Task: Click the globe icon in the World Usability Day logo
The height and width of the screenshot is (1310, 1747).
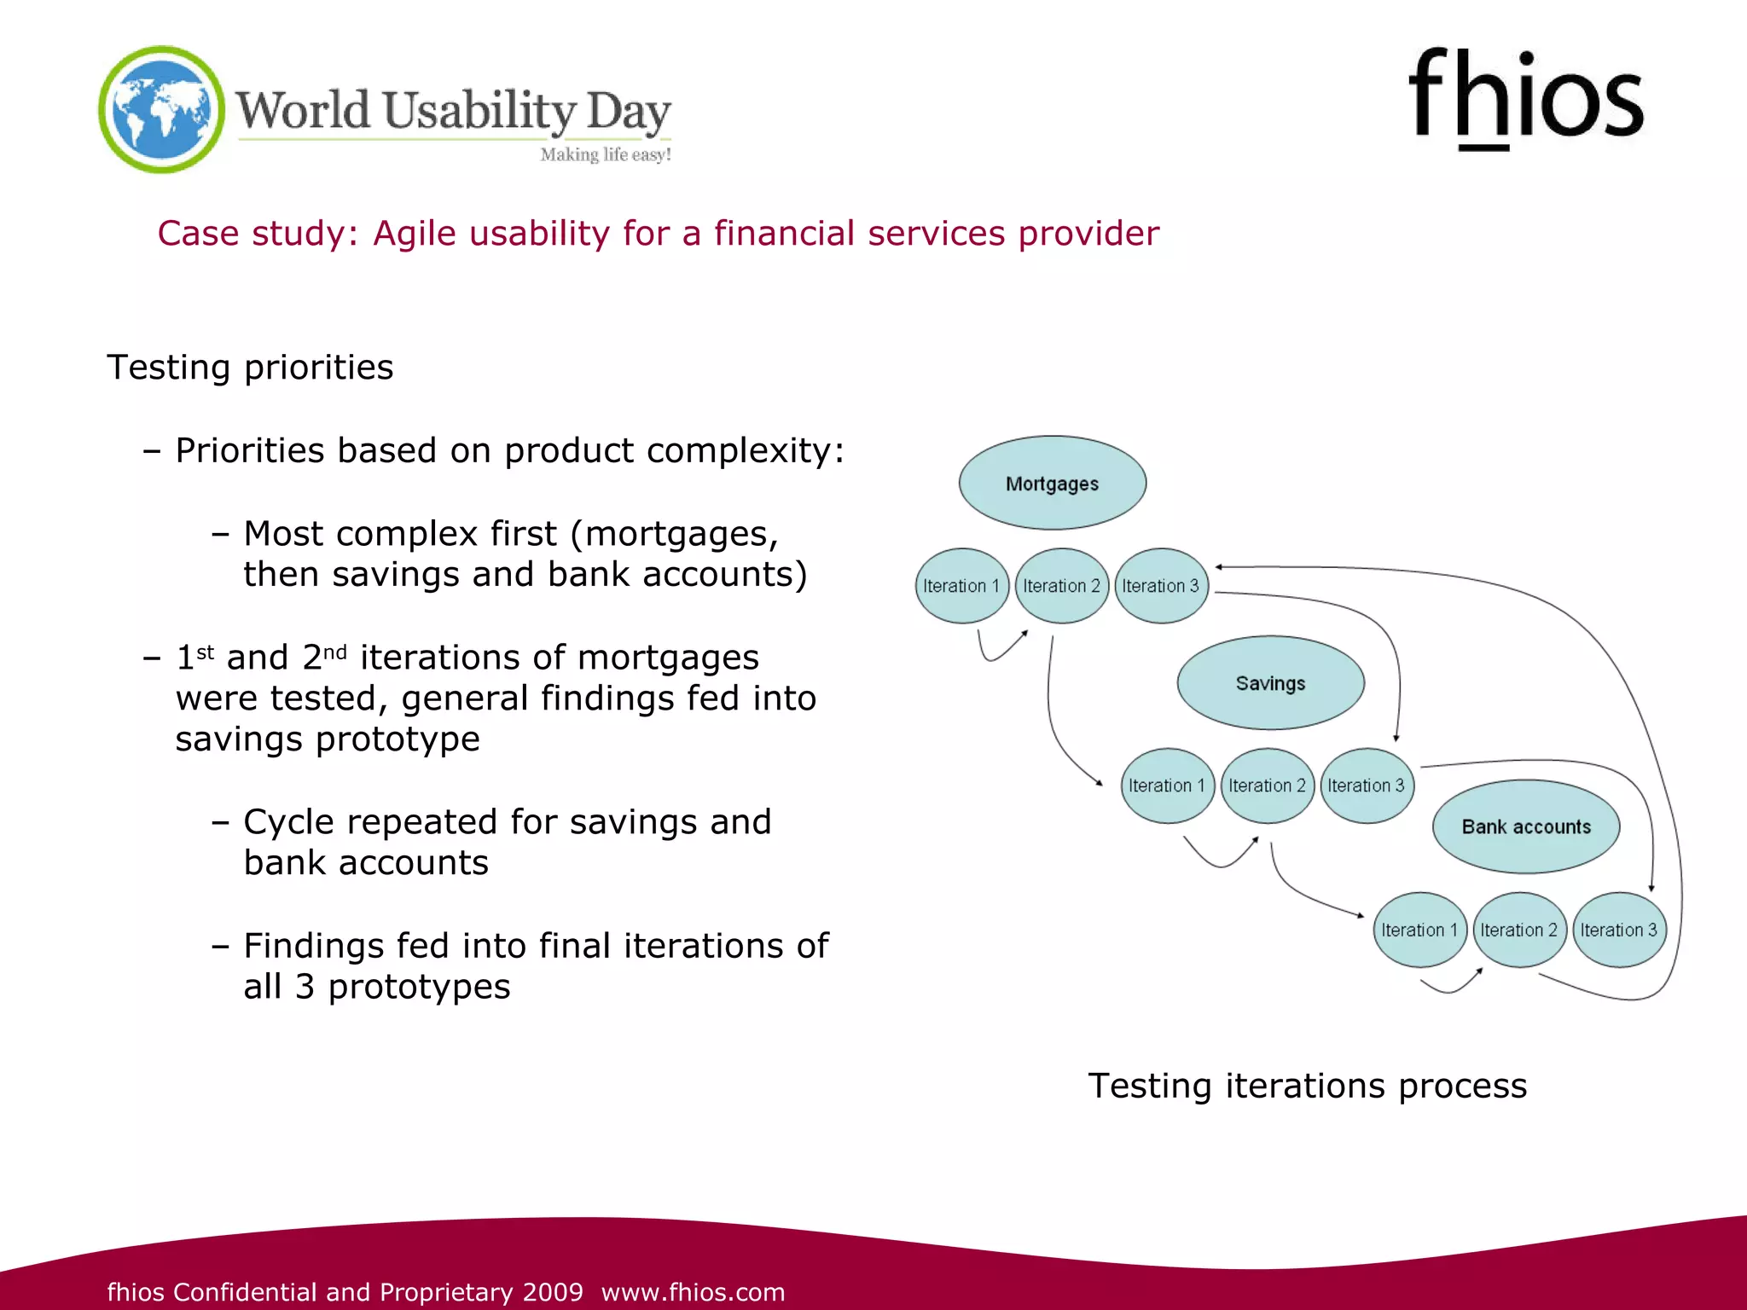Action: click(161, 109)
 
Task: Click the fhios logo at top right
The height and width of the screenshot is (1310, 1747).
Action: click(1525, 98)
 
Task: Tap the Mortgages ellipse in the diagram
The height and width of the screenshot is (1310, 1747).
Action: click(1052, 483)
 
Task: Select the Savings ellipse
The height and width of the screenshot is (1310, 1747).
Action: click(1270, 682)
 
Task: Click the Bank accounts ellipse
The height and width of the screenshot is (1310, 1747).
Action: click(1525, 826)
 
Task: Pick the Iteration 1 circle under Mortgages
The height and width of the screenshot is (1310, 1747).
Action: click(961, 586)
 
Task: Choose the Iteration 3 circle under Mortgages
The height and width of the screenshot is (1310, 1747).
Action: click(1161, 586)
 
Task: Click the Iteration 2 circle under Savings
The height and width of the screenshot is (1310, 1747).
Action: click(1267, 785)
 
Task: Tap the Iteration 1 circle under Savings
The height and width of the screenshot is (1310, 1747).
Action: click(1167, 785)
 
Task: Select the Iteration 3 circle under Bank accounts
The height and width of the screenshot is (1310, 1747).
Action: click(1618, 930)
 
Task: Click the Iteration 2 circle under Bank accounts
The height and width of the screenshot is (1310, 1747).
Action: click(1518, 930)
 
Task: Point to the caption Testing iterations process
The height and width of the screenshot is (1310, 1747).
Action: click(1307, 1086)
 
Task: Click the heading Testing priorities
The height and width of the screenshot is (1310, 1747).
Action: click(250, 368)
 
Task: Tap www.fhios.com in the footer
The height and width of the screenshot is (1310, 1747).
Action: click(693, 1291)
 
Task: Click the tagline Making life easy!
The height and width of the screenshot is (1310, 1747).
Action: click(606, 154)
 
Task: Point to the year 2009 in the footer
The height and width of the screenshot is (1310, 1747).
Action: click(553, 1291)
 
